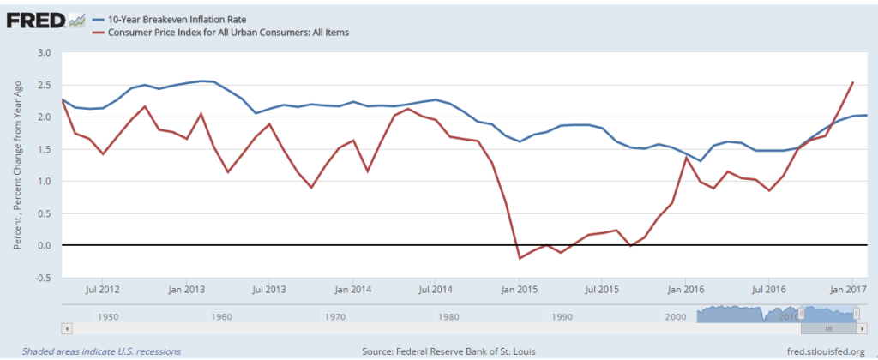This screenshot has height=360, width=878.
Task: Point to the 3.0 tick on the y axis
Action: [45, 53]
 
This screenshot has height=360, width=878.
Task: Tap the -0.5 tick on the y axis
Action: [44, 278]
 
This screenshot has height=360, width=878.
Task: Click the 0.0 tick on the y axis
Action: [45, 246]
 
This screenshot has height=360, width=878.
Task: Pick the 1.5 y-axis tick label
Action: [45, 149]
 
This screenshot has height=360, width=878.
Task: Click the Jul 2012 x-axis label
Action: [102, 290]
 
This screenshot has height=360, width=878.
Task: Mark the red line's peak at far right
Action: [852, 82]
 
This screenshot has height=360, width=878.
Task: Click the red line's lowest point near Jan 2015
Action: [519, 258]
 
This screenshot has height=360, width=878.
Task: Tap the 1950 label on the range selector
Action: [107, 317]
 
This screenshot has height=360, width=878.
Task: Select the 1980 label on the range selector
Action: [448, 317]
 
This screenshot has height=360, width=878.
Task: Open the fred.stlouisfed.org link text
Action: [826, 351]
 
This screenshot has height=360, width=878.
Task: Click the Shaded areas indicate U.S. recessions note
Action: [101, 351]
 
